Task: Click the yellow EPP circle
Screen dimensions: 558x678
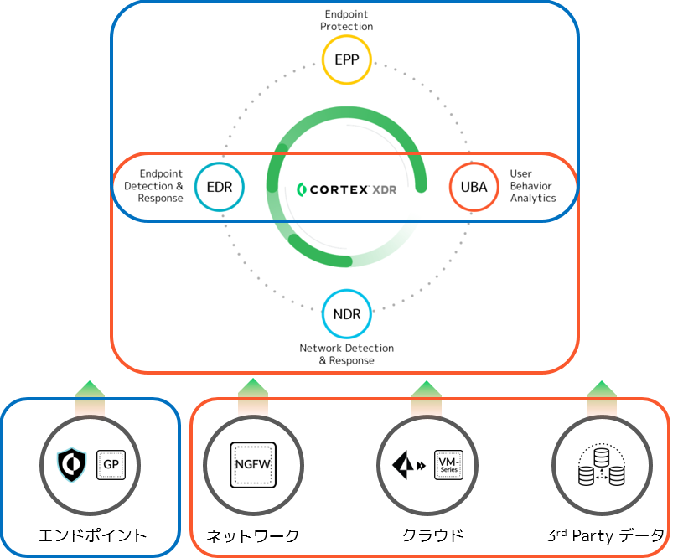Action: [x=347, y=60]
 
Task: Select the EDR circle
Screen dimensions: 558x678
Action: [x=219, y=187]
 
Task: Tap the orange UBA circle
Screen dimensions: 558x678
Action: [x=474, y=187]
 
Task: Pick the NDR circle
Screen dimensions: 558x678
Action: [x=346, y=315]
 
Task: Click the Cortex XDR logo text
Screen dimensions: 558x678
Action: [x=347, y=189]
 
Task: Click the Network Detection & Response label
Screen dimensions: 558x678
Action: [x=346, y=354]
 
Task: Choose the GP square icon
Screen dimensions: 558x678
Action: [x=111, y=463]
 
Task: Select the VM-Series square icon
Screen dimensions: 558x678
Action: [x=448, y=463]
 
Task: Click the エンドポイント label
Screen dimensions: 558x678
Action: [x=92, y=535]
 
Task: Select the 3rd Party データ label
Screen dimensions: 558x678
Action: [x=605, y=535]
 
